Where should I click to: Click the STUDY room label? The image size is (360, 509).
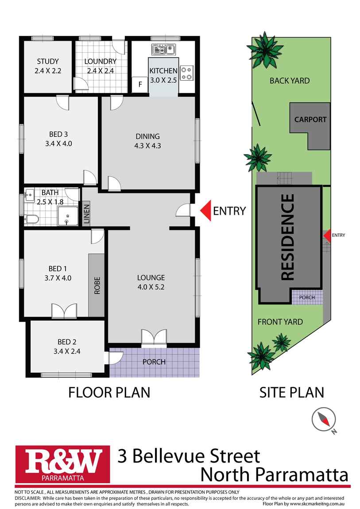(48, 62)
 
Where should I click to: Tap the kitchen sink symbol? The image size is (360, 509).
(163, 49)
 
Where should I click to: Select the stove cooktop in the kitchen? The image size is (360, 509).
(187, 73)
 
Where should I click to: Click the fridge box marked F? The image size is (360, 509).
(140, 85)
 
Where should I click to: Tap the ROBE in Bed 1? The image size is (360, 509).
(97, 285)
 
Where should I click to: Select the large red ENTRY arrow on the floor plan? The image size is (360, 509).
(206, 211)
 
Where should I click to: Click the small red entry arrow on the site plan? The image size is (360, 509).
(326, 236)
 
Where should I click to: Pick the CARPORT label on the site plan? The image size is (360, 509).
(310, 120)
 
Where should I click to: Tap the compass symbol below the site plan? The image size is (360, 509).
(324, 420)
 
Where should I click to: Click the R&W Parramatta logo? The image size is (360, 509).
(62, 464)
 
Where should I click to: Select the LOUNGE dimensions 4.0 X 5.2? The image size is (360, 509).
(151, 287)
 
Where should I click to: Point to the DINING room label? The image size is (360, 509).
(148, 136)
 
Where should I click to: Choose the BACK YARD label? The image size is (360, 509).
(290, 81)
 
